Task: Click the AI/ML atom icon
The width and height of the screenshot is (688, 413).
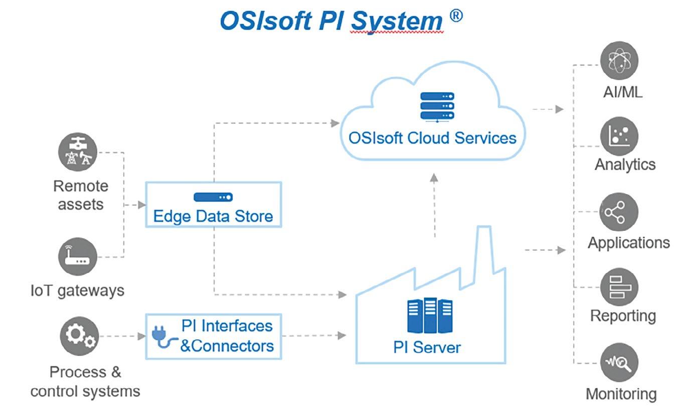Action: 619,61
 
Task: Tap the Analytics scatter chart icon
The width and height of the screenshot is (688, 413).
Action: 619,136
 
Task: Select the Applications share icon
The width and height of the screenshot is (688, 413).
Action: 619,212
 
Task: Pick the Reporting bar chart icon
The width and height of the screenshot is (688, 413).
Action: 619,287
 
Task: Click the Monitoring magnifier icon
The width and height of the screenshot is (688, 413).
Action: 619,363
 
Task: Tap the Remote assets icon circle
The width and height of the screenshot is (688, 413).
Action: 78,152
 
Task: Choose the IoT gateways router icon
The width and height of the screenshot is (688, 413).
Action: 78,256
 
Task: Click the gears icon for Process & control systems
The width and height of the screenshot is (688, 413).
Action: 79,336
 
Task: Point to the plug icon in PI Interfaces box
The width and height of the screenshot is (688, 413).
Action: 163,337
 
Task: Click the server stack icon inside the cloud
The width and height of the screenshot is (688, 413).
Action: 437,106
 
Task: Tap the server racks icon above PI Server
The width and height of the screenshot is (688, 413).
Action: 430,315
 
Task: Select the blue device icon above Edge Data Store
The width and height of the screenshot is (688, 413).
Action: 213,197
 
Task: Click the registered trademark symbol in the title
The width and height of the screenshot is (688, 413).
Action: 456,16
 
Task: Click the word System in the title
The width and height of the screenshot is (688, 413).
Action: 397,21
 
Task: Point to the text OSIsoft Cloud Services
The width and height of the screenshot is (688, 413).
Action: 432,138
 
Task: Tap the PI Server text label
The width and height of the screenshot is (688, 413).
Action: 427,348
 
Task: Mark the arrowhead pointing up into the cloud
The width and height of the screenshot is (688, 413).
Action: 434,178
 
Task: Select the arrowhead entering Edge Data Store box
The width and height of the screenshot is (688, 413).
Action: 141,205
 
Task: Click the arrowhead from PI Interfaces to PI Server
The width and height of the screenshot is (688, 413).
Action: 342,335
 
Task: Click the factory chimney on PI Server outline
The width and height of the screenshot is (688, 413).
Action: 484,249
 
